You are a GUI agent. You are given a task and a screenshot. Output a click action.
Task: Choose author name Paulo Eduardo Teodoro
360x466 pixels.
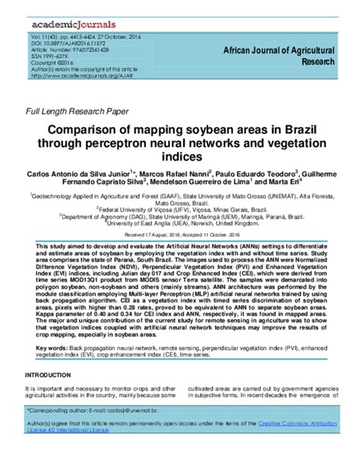click(x=257, y=174)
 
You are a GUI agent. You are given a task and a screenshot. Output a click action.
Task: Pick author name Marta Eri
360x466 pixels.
click(x=284, y=184)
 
